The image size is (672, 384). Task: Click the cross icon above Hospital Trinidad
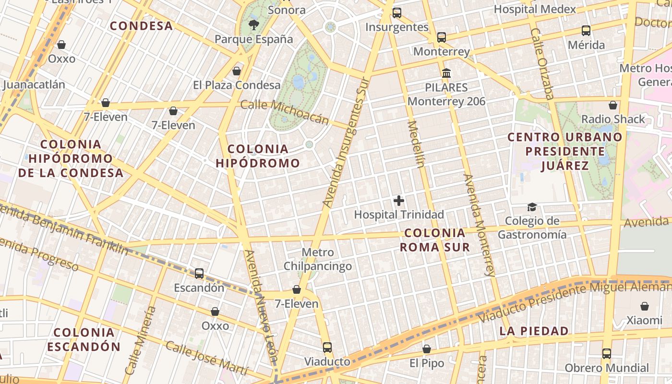coord(398,201)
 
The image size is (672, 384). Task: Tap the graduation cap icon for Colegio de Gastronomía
coord(532,207)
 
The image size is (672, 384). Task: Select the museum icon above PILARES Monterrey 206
coord(446,73)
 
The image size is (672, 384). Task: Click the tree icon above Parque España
coord(253,24)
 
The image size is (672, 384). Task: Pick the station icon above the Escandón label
coord(199,274)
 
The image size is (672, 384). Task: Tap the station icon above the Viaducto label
coord(327,347)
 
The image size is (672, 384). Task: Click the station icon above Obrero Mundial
coord(607,354)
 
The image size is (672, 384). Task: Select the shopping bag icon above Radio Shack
coord(612,105)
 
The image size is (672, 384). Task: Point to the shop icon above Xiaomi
coord(644,306)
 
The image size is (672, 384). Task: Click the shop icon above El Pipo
coord(426,349)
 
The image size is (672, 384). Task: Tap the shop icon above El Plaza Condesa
coord(236,71)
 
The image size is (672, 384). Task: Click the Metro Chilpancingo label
coord(318,259)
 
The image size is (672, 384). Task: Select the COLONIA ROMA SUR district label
coord(435,240)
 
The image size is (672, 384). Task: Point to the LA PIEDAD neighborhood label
coord(534,331)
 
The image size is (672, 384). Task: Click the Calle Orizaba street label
coord(542,63)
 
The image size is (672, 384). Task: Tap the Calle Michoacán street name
coord(285,111)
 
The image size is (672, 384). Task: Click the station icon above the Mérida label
coord(586,31)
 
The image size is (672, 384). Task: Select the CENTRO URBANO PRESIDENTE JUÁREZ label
coord(565,151)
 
